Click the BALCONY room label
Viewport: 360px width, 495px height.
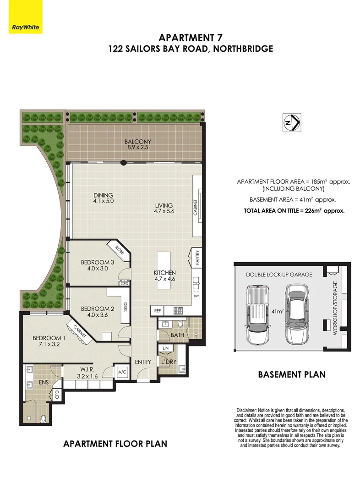[x=137, y=144]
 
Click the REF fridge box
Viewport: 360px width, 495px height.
[x=157, y=311]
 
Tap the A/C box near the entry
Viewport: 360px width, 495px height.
[x=122, y=372]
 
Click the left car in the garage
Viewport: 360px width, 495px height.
[x=257, y=315]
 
